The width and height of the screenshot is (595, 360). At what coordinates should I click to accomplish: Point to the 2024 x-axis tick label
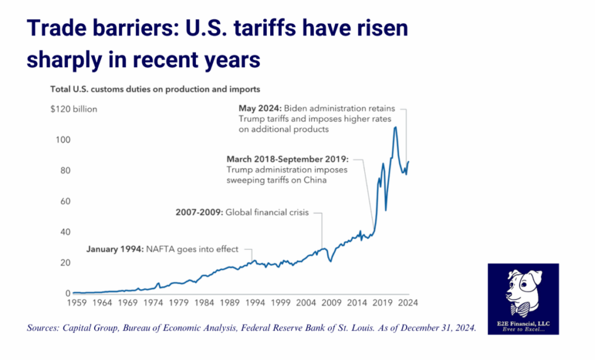point(409,303)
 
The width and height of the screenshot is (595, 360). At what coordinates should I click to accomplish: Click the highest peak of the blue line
point(396,127)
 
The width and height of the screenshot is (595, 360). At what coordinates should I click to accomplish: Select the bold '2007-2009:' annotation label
point(198,213)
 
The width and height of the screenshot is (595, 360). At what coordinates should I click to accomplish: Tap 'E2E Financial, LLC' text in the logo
point(524,322)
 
